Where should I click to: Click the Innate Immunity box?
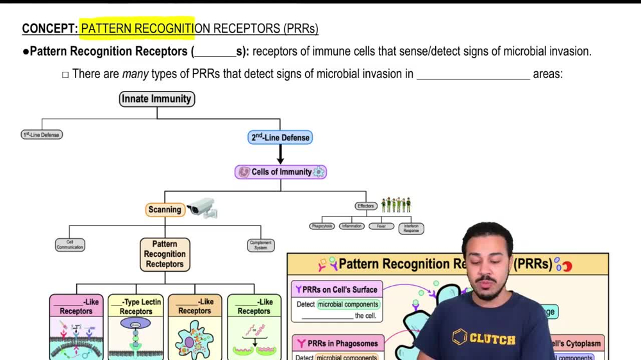(x=157, y=99)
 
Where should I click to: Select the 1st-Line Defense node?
(x=42, y=135)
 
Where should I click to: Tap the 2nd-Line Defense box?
(x=280, y=137)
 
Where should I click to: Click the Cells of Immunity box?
(x=280, y=172)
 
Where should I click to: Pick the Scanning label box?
(x=165, y=209)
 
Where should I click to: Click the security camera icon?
(x=203, y=207)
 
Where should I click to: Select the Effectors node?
(x=366, y=206)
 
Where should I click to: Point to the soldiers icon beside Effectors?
(x=395, y=205)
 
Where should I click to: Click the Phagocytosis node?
(x=322, y=226)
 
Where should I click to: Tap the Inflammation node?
(x=352, y=226)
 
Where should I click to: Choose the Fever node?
(x=381, y=226)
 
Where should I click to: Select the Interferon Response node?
(x=410, y=227)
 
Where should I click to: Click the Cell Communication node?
(x=70, y=245)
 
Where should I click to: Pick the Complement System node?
(x=260, y=245)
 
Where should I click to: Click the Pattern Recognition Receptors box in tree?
(x=165, y=254)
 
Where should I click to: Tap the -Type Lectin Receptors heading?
(x=136, y=306)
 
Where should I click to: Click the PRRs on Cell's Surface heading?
(x=337, y=290)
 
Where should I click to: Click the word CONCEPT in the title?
(x=49, y=29)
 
